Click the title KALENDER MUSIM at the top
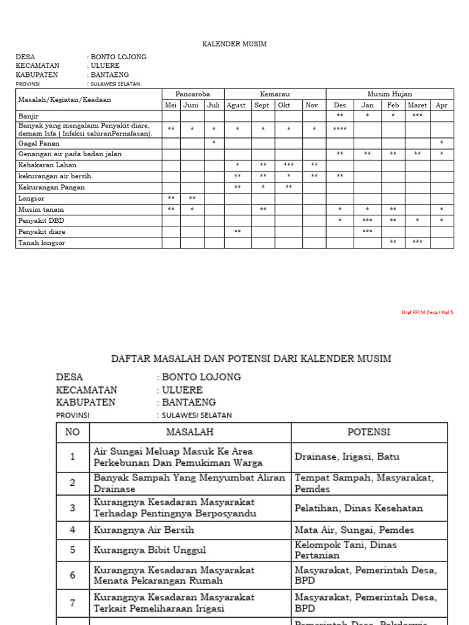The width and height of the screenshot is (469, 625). tap(234, 45)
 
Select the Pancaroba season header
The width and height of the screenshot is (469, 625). tap(192, 94)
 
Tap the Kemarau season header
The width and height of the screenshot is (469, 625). tap(275, 94)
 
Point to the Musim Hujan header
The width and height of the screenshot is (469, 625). tap(389, 94)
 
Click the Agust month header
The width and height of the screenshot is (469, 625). tap(236, 105)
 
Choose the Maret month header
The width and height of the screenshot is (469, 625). tap(417, 105)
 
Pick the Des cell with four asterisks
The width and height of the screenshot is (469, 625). tap(340, 129)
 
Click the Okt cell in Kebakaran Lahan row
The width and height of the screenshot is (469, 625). tap(289, 165)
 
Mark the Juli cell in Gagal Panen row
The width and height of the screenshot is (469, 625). tap(214, 143)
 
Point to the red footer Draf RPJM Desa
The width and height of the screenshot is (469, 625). tap(427, 312)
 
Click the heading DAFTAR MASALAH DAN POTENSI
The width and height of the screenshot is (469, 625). tap(251, 358)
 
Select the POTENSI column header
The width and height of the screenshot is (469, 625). tap(369, 432)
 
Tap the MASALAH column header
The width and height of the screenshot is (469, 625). tap(190, 432)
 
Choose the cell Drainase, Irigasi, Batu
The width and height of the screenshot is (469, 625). tap(347, 457)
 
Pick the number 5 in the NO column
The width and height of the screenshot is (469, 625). tap(73, 549)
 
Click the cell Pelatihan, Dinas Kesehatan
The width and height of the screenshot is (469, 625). tap(358, 508)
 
